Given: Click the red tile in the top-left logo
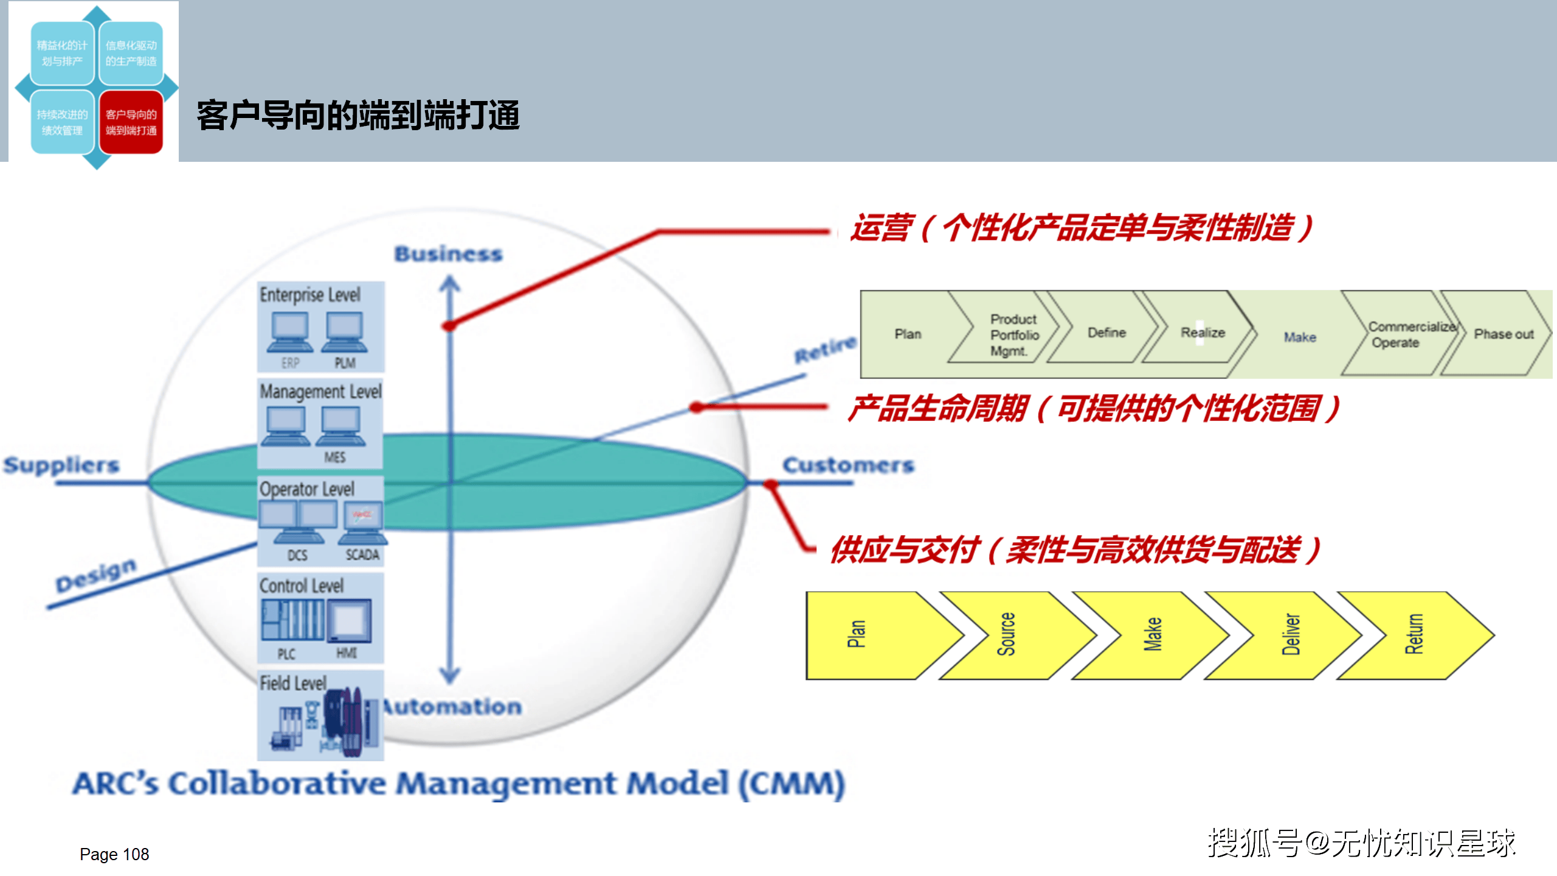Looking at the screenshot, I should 131,122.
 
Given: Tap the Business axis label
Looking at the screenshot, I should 449,254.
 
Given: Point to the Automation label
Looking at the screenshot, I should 454,707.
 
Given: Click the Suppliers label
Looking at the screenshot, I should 61,465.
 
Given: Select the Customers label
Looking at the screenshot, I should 848,465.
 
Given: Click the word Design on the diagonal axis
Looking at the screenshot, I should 96,575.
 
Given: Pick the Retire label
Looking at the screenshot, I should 825,349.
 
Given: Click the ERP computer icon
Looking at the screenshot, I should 291,332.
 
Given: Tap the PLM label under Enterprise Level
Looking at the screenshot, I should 345,363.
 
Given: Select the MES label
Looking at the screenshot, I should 334,457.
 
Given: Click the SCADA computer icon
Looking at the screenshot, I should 363,523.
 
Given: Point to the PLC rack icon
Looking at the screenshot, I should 292,620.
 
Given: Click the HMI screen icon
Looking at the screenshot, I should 349,620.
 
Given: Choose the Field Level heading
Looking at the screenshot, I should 293,683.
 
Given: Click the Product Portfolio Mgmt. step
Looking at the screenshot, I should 1013,335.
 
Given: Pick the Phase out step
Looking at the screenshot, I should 1503,334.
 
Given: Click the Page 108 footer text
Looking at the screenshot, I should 114,855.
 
